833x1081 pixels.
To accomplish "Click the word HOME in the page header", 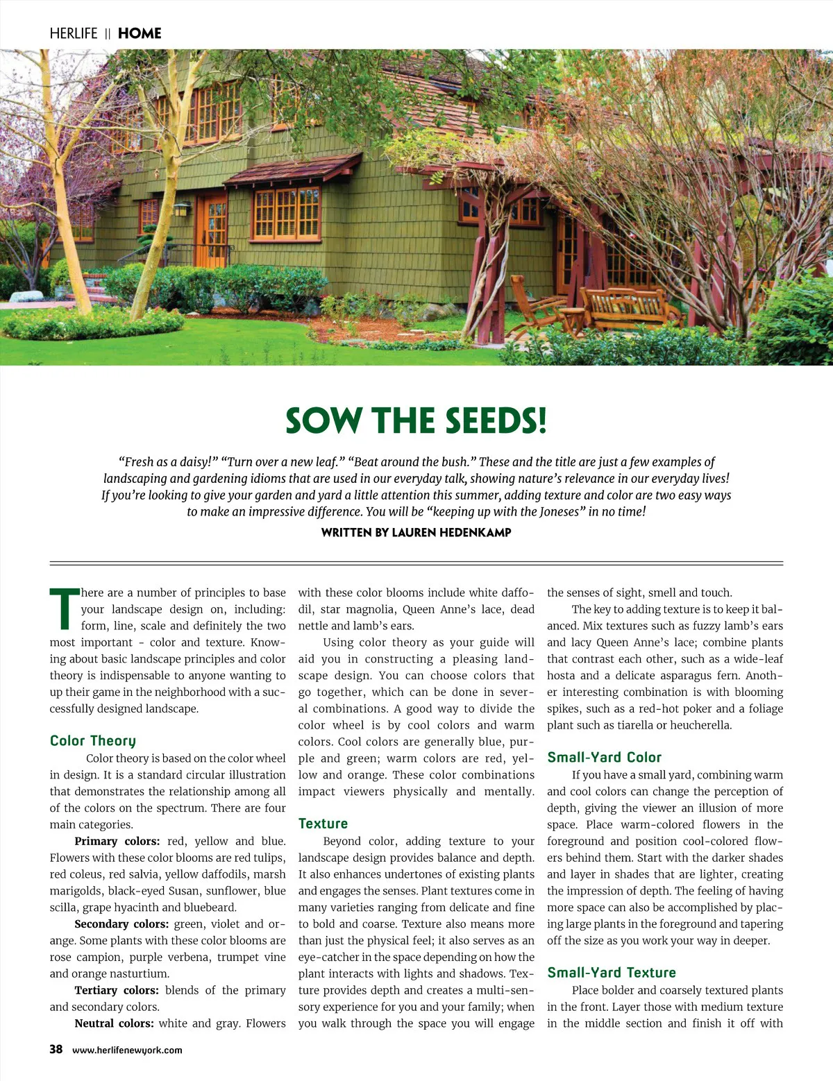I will tap(140, 33).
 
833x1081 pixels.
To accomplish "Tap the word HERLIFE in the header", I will tap(74, 33).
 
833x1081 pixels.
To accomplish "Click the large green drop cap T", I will tap(64, 608).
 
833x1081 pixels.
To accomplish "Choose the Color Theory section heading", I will tap(93, 741).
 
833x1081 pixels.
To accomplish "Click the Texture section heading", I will tap(323, 824).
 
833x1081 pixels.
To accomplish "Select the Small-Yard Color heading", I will tap(604, 758).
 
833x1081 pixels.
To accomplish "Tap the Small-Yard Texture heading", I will tap(611, 973).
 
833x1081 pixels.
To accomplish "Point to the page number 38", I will tap(56, 1049).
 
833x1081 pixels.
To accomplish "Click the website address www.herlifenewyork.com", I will tap(127, 1050).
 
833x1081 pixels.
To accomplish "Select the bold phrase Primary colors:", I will tap(117, 841).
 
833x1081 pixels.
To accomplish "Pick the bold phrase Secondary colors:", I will tap(121, 924).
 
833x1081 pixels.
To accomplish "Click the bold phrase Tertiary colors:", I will tap(117, 990).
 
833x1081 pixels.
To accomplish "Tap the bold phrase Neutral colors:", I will tap(114, 1023).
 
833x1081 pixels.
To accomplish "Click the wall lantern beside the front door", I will tap(182, 209).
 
